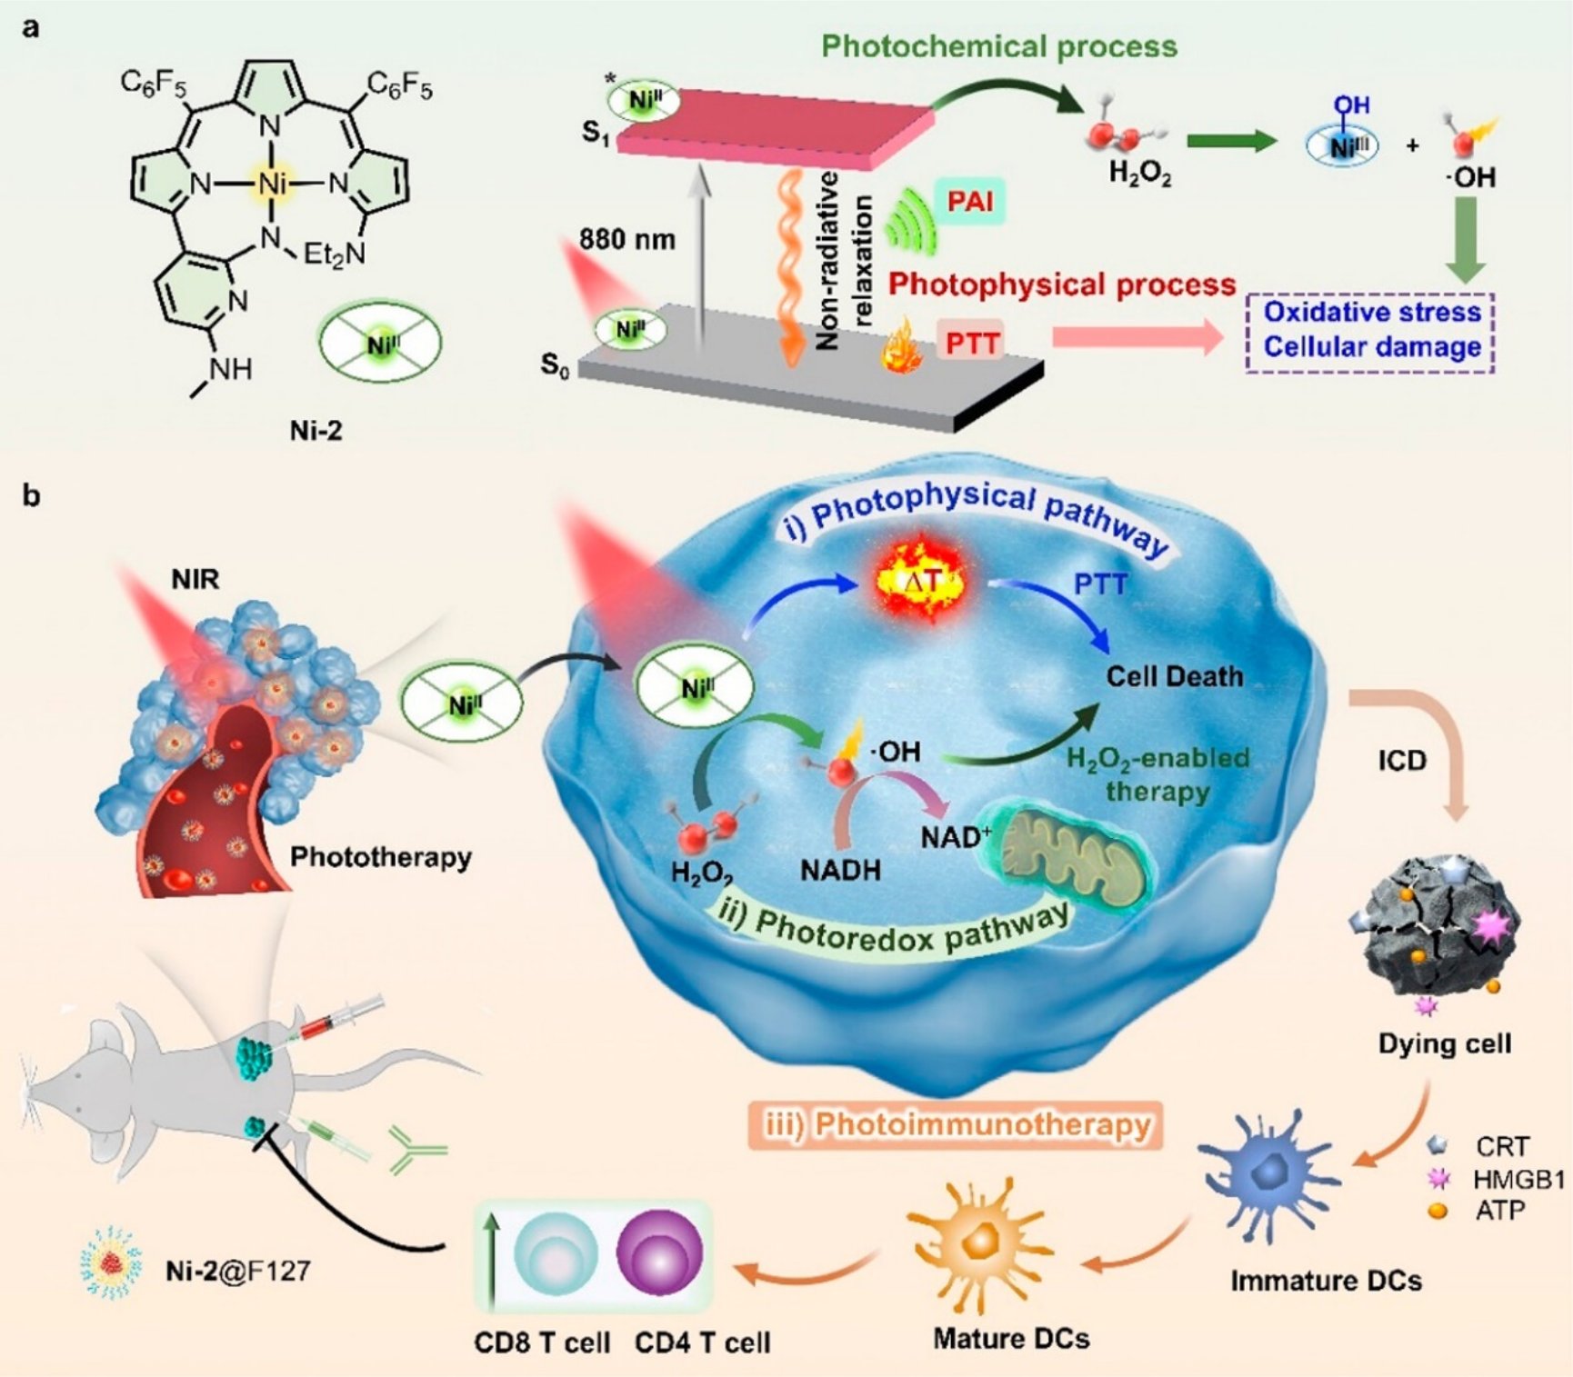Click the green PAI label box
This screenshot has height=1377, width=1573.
click(969, 201)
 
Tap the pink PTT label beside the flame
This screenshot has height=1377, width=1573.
click(972, 344)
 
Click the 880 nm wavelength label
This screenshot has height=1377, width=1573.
click(627, 240)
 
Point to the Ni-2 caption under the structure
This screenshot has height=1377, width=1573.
click(316, 430)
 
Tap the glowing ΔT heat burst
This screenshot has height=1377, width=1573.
click(920, 582)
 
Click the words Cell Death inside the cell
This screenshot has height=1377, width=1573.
click(1174, 676)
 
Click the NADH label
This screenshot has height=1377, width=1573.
click(840, 870)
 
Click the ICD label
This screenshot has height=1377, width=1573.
click(1401, 760)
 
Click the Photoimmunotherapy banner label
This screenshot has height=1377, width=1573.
click(956, 1125)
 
